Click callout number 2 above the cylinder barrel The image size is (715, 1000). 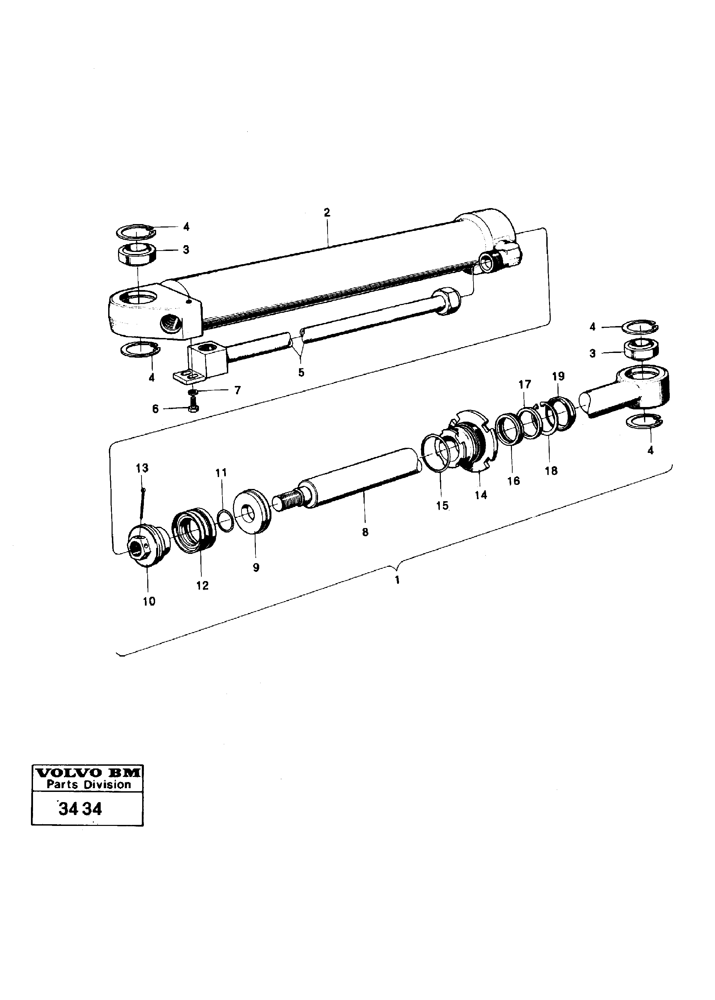pyautogui.click(x=327, y=213)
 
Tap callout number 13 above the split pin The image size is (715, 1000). pyautogui.click(x=142, y=468)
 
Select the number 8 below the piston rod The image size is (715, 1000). pyautogui.click(x=365, y=532)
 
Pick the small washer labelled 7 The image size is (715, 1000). pyautogui.click(x=193, y=392)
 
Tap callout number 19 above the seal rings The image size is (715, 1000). pyautogui.click(x=558, y=376)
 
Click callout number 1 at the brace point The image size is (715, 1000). pyautogui.click(x=397, y=580)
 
